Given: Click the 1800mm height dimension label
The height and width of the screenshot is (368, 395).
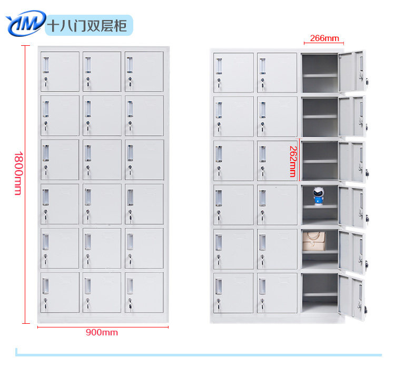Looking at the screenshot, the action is tap(17, 173).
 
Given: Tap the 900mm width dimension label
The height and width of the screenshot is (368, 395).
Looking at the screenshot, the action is tap(102, 332).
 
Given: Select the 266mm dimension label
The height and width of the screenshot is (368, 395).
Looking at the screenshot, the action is tap(324, 38).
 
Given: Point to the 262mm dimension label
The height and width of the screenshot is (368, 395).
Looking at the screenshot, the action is tap(292, 161).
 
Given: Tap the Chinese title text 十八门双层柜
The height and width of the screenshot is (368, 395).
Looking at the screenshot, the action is tap(87, 25).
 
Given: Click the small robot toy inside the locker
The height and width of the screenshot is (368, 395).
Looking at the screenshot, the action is tap(318, 196).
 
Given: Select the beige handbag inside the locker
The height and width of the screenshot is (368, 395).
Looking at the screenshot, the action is tap(313, 241).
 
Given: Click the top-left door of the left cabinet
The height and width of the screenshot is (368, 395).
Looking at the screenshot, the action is tap(60, 72).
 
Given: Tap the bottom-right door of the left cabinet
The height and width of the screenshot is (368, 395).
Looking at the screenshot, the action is tap(144, 292).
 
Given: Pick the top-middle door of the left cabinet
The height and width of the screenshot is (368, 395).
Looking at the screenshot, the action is tap(102, 72).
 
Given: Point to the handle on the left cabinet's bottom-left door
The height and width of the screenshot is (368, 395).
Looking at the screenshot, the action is tap(46, 285).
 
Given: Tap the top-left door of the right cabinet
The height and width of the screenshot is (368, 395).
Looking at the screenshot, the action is tap(234, 73).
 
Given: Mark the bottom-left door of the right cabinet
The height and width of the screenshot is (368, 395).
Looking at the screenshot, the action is tap(234, 292).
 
